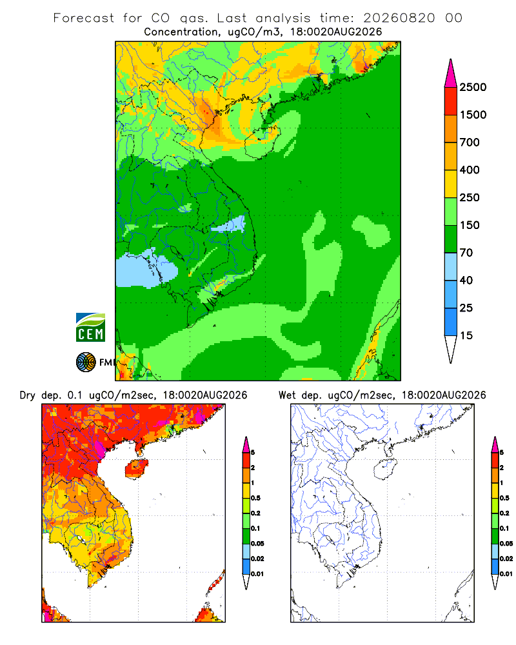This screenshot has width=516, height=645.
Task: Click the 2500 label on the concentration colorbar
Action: (x=473, y=87)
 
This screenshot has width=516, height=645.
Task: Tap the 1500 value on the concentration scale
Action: (x=473, y=115)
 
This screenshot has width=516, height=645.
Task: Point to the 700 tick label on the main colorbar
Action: (x=470, y=143)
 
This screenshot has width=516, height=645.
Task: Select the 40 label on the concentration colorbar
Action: (x=466, y=280)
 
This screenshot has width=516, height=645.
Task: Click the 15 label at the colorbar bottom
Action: (x=466, y=335)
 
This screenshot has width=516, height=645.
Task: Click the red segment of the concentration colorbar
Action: (x=451, y=101)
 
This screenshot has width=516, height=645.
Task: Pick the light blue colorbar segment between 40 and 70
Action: (x=451, y=266)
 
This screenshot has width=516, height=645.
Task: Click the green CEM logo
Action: (x=90, y=328)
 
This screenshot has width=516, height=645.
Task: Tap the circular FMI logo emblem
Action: (x=86, y=362)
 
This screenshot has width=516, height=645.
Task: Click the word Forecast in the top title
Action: (x=84, y=18)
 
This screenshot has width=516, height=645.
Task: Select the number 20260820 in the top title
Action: (x=399, y=18)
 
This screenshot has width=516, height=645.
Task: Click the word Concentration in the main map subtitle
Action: (x=181, y=32)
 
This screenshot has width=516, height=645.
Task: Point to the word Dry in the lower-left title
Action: (x=28, y=395)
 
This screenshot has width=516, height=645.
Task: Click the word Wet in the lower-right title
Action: (x=287, y=395)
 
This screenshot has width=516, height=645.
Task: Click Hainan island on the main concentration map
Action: (x=262, y=143)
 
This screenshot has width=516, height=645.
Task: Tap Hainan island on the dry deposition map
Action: (x=136, y=469)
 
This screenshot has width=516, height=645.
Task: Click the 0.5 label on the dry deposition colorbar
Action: (x=255, y=498)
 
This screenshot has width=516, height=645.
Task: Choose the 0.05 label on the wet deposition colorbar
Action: (x=506, y=544)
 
